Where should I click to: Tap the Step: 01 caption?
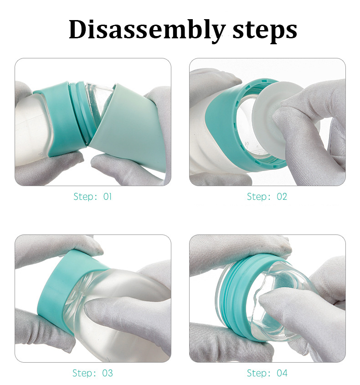click(93, 197)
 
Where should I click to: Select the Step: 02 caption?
click(267, 197)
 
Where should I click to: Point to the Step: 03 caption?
click(93, 373)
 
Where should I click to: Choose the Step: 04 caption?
click(267, 373)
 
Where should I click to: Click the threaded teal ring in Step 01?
click(77, 109)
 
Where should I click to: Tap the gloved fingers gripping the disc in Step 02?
click(314, 119)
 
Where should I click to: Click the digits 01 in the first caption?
click(107, 197)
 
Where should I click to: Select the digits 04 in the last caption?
click(282, 373)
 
